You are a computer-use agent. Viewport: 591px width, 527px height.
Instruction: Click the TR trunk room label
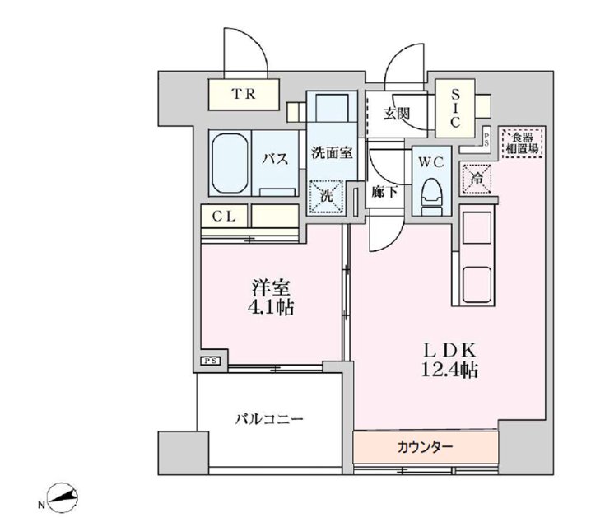243,94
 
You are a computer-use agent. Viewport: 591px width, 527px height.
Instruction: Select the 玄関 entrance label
396,114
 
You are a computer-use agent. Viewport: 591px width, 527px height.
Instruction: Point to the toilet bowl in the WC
431,194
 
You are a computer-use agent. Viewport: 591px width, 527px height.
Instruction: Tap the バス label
275,159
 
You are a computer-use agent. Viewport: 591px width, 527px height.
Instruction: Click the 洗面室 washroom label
333,152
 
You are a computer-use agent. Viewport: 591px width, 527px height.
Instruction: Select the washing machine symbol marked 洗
322,196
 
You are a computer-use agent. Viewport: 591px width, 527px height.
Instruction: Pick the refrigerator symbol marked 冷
477,177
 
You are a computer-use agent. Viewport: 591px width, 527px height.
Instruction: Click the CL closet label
225,217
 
